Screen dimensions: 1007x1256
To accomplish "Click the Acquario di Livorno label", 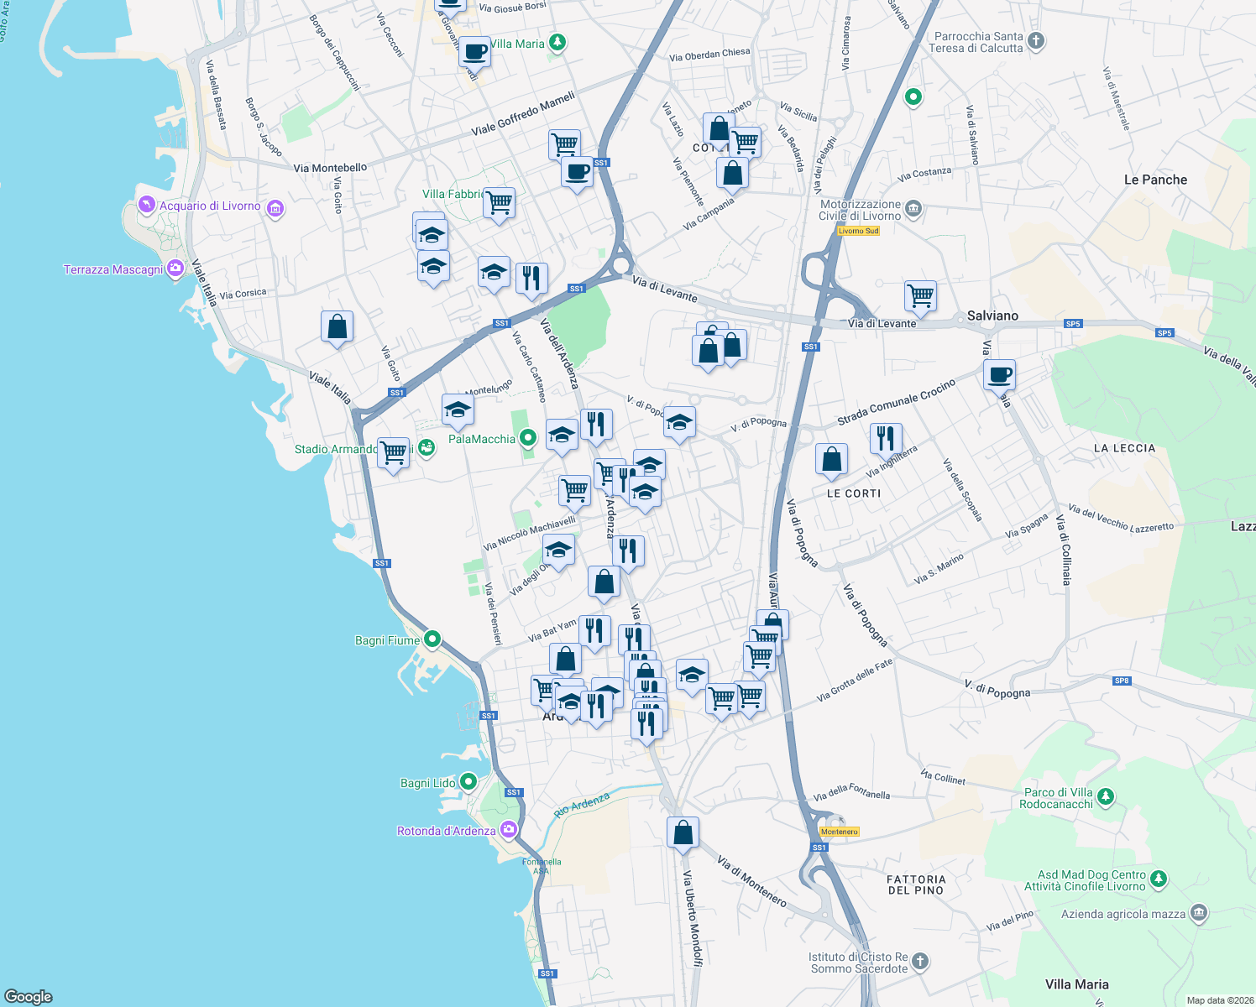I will click(210, 206).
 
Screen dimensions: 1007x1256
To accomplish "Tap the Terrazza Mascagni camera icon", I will click(175, 269).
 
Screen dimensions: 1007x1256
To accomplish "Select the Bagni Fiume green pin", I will click(432, 639).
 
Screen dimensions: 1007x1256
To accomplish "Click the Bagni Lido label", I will click(428, 783).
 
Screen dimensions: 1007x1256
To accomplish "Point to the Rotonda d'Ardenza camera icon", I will click(508, 830).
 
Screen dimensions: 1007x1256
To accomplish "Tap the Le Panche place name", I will click(1155, 180).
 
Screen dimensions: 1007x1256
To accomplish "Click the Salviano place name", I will click(992, 316).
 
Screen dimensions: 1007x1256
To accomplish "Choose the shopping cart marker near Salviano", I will click(921, 295).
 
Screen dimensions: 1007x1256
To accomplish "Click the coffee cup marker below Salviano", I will click(999, 374).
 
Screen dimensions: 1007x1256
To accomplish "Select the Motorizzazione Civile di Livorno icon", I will click(913, 208).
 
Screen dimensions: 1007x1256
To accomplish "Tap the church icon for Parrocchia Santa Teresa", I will click(1036, 40).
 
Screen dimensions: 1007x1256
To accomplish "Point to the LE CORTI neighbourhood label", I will click(854, 493).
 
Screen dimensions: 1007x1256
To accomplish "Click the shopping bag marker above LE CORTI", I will click(831, 459).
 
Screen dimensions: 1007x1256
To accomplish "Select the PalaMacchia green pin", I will click(527, 437).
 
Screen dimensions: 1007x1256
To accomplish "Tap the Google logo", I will click(29, 997).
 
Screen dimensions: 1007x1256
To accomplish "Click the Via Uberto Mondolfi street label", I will click(691, 918).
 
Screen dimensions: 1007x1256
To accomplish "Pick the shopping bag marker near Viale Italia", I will click(337, 326).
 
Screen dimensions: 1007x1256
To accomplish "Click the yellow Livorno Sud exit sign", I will click(858, 231).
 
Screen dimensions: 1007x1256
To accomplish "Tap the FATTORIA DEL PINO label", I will click(916, 884).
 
